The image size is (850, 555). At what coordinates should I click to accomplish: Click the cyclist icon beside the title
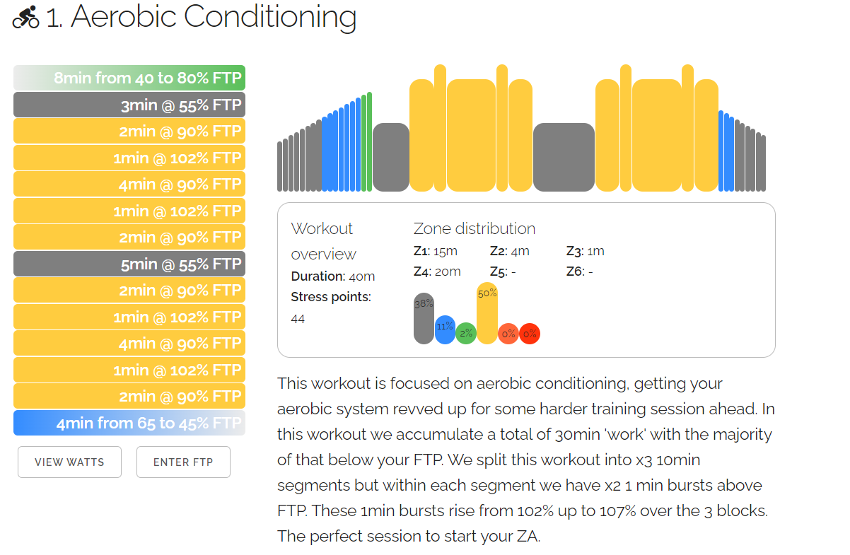click(26, 18)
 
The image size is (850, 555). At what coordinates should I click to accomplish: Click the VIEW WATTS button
click(69, 462)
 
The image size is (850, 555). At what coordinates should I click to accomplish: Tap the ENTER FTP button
click(183, 462)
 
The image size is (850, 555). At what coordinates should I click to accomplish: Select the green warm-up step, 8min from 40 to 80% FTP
click(129, 78)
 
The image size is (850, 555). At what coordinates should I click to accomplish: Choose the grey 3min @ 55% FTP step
click(129, 105)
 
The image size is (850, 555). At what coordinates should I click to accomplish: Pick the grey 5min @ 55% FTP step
click(129, 264)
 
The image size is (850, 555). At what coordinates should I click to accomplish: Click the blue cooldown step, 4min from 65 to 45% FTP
click(129, 423)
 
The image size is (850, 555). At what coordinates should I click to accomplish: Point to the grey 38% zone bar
click(424, 318)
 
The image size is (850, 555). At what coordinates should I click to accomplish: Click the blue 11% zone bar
click(445, 329)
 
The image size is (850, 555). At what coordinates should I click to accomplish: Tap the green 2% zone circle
click(465, 333)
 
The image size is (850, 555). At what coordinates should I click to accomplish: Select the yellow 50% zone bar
click(487, 313)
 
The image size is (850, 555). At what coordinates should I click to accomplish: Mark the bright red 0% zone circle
click(530, 333)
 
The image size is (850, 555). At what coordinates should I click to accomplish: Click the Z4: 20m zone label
click(437, 271)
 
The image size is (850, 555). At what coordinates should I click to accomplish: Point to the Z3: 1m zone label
click(586, 251)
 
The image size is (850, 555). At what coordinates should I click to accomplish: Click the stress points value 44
click(298, 319)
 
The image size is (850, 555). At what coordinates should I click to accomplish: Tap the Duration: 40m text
click(333, 276)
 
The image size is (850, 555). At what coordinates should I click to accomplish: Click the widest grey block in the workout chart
click(564, 157)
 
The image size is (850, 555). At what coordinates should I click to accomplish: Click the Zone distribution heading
click(474, 228)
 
